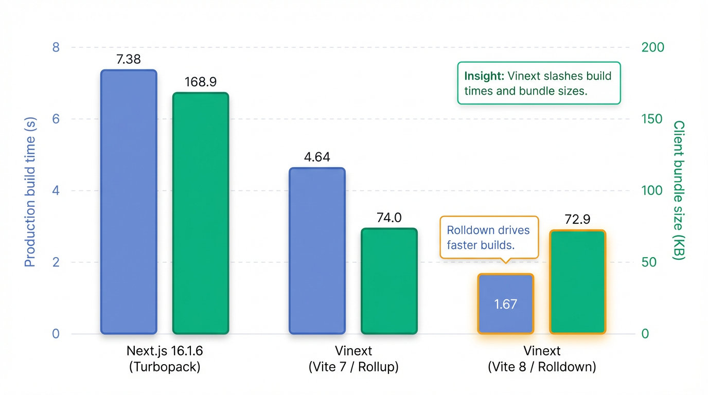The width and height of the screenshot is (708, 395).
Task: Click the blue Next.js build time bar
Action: click(129, 202)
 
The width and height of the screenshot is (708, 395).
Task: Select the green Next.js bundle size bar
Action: click(200, 213)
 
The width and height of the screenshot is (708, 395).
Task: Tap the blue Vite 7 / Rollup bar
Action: click(317, 250)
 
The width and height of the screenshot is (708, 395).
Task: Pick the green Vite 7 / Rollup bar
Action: click(389, 281)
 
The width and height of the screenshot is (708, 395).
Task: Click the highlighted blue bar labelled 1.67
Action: click(505, 303)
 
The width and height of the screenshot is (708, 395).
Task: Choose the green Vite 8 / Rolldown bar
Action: click(577, 282)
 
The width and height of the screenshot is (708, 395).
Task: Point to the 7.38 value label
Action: click(129, 60)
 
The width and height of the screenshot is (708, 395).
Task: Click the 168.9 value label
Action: click(200, 82)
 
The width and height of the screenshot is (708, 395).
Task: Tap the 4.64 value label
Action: click(317, 157)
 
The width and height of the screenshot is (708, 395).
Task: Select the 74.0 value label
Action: click(389, 218)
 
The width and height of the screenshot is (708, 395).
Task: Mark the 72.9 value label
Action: click(577, 220)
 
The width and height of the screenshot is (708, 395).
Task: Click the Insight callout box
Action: click(539, 83)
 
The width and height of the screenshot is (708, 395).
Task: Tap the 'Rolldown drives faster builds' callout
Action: click(489, 237)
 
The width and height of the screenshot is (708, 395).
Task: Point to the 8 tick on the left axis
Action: click(56, 47)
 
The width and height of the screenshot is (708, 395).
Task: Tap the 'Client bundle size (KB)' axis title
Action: click(679, 190)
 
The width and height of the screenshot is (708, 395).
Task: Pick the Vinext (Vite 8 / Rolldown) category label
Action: click(542, 359)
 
